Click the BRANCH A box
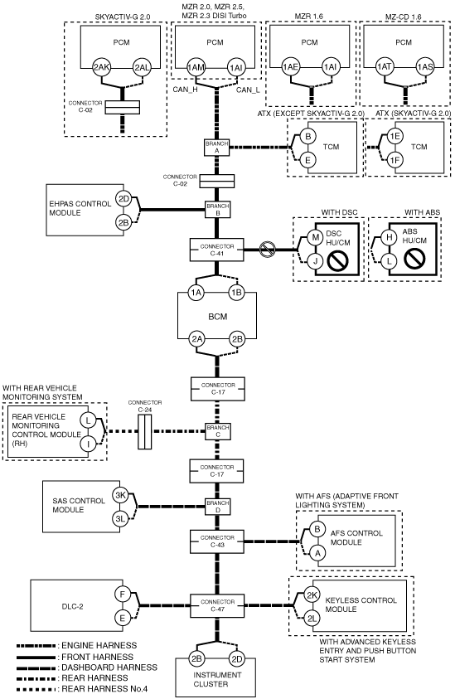[x=217, y=147]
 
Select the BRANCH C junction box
[x=217, y=431]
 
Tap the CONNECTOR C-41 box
[x=216, y=250]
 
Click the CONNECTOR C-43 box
[x=217, y=541]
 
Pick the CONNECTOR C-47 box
[x=217, y=605]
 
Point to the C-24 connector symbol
[x=144, y=431]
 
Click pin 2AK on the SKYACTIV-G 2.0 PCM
[x=101, y=67]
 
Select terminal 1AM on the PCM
[x=196, y=67]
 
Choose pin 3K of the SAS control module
[x=120, y=495]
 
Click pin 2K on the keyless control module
[x=312, y=595]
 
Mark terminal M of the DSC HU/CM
[x=315, y=236]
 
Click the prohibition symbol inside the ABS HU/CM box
[x=414, y=258]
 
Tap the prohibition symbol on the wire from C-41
[x=268, y=250]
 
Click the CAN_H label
[x=186, y=90]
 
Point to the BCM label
[x=217, y=317]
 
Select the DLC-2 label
[x=73, y=606]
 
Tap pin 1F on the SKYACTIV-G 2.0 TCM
[x=394, y=159]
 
